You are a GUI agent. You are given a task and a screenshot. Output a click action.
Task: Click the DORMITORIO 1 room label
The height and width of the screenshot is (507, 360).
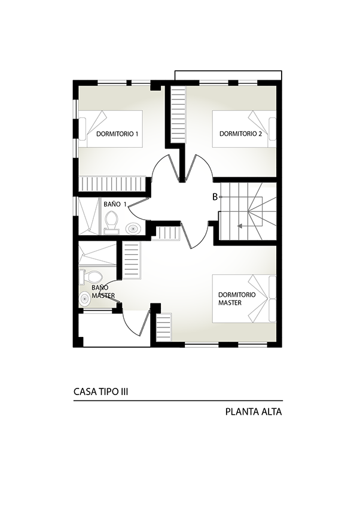point(117,134)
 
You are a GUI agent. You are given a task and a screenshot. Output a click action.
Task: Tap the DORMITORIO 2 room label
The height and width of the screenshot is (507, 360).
point(241,134)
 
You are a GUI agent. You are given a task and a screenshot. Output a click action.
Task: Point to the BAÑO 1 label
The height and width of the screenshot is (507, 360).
point(115,204)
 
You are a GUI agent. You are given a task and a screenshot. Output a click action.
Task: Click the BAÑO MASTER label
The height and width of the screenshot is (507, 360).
point(103,292)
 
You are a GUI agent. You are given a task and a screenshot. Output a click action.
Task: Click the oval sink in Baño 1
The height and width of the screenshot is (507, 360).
point(133,229)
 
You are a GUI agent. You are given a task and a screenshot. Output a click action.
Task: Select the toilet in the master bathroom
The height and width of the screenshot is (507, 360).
point(91,277)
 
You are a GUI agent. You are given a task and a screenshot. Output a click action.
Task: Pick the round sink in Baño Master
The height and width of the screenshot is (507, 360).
point(85,299)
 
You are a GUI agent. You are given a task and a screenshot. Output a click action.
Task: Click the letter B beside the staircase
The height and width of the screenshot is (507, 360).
point(215,197)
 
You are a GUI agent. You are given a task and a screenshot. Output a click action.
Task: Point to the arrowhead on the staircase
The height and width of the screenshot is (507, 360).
point(239,226)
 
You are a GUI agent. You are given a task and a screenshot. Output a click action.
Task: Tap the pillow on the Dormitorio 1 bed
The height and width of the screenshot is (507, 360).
point(83,129)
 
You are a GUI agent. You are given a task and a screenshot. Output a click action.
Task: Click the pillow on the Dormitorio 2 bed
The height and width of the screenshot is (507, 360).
point(273,129)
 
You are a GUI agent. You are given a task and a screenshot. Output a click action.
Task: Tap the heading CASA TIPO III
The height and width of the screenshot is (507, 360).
point(101,392)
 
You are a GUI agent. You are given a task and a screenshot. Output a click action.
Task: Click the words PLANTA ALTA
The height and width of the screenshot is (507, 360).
point(254,412)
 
